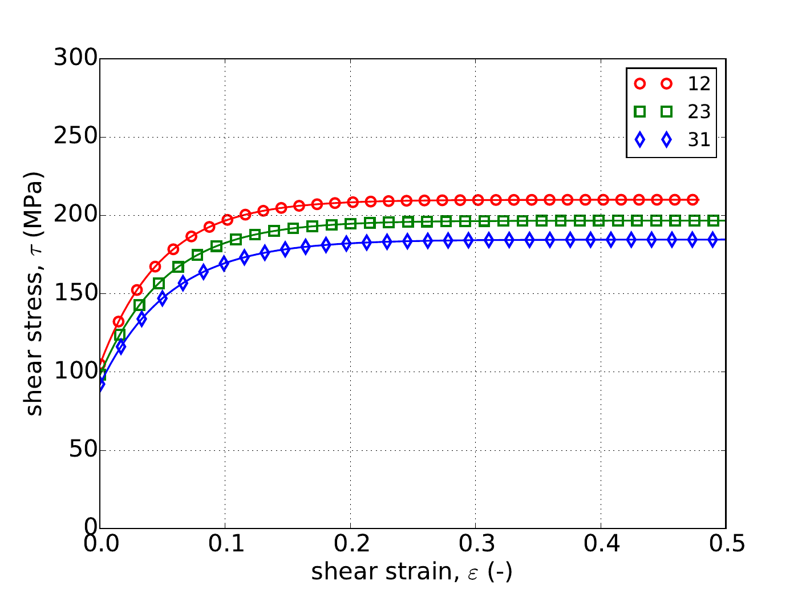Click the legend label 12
(x=699, y=84)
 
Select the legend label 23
(x=699, y=112)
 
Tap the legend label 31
(x=699, y=140)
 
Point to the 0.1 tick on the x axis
(x=225, y=544)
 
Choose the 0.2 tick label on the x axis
(x=350, y=544)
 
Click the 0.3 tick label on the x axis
(x=475, y=544)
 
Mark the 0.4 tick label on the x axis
(x=601, y=544)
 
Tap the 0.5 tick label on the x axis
(x=726, y=544)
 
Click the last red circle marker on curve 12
(x=692, y=200)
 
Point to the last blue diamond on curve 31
(x=712, y=240)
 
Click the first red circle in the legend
(x=639, y=84)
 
